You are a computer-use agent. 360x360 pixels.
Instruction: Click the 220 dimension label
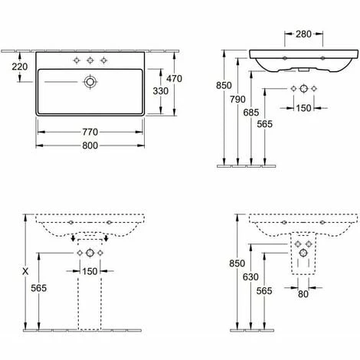20,67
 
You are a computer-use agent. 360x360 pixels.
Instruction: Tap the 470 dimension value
174,79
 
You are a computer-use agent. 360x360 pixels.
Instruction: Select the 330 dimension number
161,91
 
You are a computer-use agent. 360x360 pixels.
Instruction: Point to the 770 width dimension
90,132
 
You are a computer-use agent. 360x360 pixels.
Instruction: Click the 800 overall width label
90,146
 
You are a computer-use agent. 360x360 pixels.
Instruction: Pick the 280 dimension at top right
303,34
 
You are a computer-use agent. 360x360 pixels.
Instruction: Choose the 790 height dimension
237,100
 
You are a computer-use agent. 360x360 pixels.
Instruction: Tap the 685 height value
251,113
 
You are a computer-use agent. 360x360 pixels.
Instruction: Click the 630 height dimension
250,277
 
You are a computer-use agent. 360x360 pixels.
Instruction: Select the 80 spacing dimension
303,294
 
